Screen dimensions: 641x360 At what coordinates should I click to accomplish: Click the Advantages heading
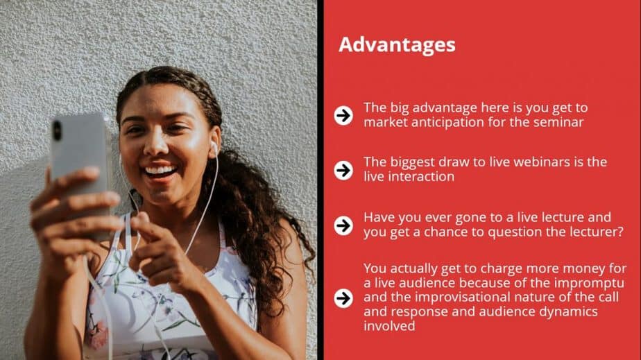(397, 45)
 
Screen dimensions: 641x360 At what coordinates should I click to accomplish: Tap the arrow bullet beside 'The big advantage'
(343, 115)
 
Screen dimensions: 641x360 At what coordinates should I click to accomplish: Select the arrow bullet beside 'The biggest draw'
(343, 170)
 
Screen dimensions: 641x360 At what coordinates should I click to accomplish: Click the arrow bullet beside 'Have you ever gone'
(343, 225)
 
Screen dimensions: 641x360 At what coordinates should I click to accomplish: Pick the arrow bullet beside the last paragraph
(343, 298)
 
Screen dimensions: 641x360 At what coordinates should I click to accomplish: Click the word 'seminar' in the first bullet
(558, 122)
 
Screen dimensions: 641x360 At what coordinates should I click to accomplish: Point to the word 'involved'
(389, 326)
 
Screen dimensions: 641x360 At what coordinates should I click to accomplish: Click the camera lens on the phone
(57, 130)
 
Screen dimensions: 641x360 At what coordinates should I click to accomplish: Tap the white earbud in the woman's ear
(213, 148)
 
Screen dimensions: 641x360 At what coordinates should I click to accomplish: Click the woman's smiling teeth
(161, 169)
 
